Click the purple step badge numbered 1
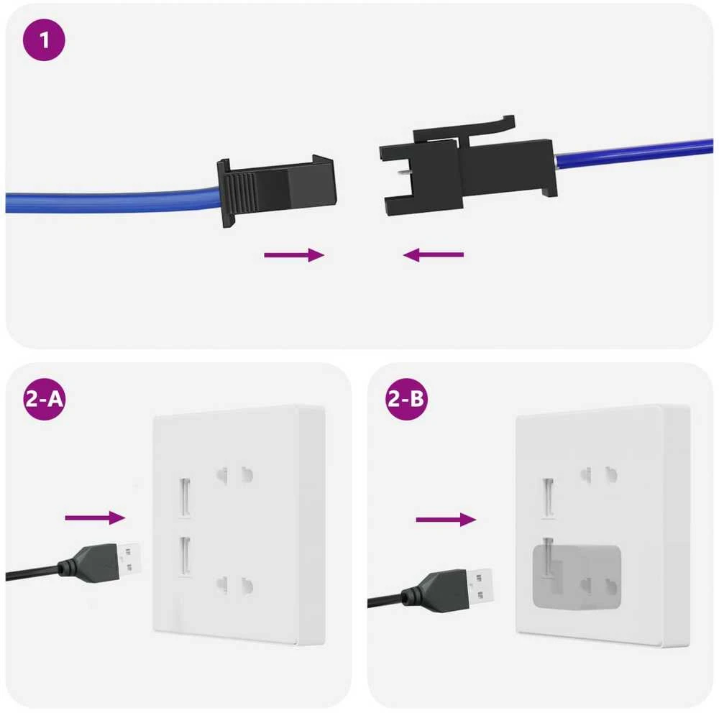(x=44, y=40)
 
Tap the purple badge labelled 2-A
(x=44, y=399)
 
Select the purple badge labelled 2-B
(x=406, y=399)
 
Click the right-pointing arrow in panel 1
(x=294, y=255)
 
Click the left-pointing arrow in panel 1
(x=434, y=254)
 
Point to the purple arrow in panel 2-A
(x=95, y=517)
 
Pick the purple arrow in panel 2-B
(x=446, y=520)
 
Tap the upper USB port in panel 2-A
(x=185, y=497)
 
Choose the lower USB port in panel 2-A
(x=185, y=556)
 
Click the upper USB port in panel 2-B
(x=548, y=497)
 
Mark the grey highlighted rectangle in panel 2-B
(x=577, y=577)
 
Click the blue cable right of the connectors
(x=633, y=154)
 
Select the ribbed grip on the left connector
(x=241, y=192)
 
